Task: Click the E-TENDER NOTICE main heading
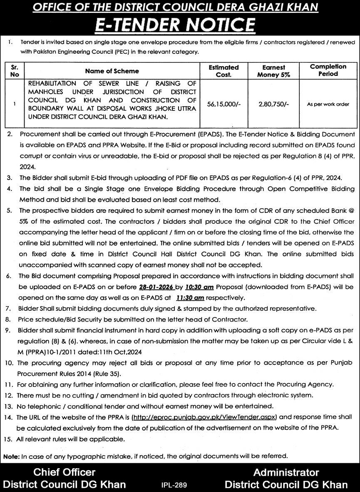click(x=180, y=25)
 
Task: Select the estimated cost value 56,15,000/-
click(x=224, y=104)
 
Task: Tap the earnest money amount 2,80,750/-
click(x=273, y=104)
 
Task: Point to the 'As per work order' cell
click(x=328, y=104)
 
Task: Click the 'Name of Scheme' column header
click(x=112, y=71)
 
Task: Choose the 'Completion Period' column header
click(x=328, y=70)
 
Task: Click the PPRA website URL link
click(x=204, y=417)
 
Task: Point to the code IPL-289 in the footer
click(x=174, y=485)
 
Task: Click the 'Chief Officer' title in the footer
click(x=65, y=472)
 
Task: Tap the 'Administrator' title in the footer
click(x=286, y=472)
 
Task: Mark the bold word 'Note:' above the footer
click(x=11, y=457)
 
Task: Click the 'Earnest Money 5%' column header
click(x=273, y=71)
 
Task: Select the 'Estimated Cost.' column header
click(x=224, y=71)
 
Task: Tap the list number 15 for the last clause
click(x=8, y=439)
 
